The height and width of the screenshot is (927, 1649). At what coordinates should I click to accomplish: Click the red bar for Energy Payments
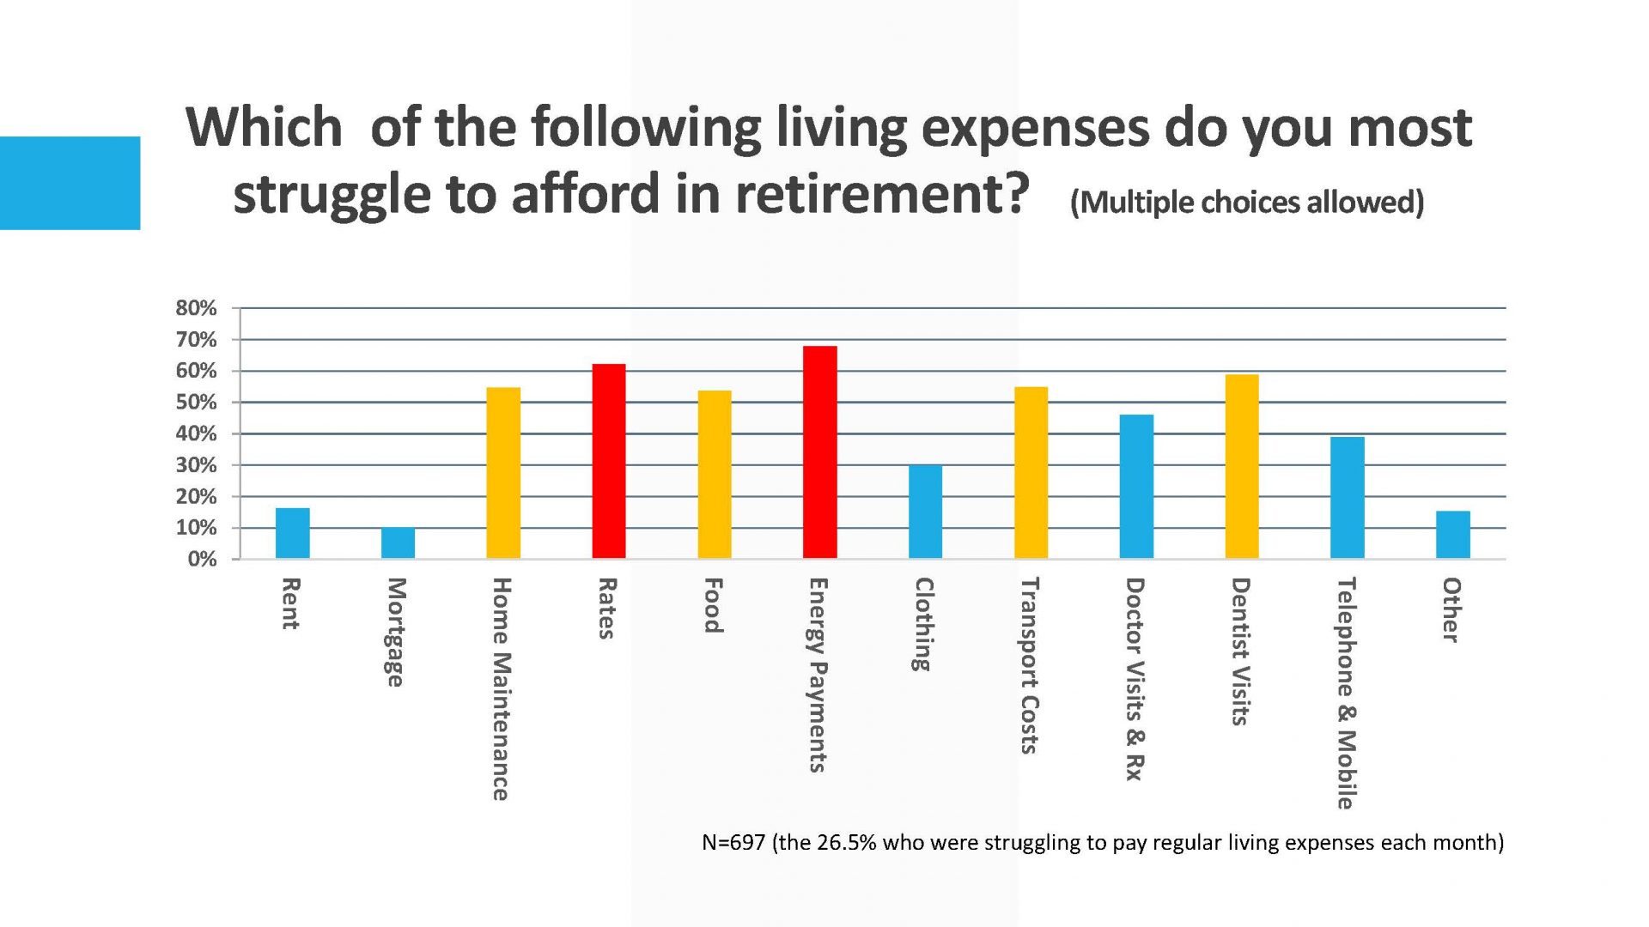[819, 452]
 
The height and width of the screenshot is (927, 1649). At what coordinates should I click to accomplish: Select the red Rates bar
[609, 461]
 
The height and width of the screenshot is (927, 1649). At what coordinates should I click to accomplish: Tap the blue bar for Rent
[292, 533]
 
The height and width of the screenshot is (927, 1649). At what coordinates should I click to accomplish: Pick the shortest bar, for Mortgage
[398, 543]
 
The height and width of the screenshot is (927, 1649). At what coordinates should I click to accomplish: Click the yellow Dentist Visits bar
[1242, 466]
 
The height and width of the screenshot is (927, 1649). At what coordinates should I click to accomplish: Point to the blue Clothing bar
[925, 512]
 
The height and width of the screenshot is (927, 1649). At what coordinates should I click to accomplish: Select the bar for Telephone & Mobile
[1347, 498]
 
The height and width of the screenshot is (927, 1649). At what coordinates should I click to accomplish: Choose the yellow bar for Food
[715, 475]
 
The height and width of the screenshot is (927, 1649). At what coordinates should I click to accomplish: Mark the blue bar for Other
[1452, 535]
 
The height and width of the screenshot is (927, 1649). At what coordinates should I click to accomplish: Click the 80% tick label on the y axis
[196, 308]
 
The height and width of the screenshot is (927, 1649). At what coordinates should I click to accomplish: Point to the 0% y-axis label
[202, 559]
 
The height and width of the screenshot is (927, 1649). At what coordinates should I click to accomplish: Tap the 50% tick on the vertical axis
[196, 403]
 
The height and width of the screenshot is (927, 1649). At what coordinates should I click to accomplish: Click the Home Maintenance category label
[502, 688]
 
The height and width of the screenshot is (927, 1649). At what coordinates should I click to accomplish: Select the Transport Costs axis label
[1029, 665]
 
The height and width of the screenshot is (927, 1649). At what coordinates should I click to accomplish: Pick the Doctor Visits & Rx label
[1135, 678]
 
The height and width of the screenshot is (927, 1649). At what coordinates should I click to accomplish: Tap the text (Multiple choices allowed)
[1247, 203]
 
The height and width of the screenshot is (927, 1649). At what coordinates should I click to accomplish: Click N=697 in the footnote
[733, 842]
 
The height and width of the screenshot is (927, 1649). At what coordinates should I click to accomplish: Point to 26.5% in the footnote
[846, 842]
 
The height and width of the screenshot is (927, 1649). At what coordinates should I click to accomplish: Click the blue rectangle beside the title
[70, 183]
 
